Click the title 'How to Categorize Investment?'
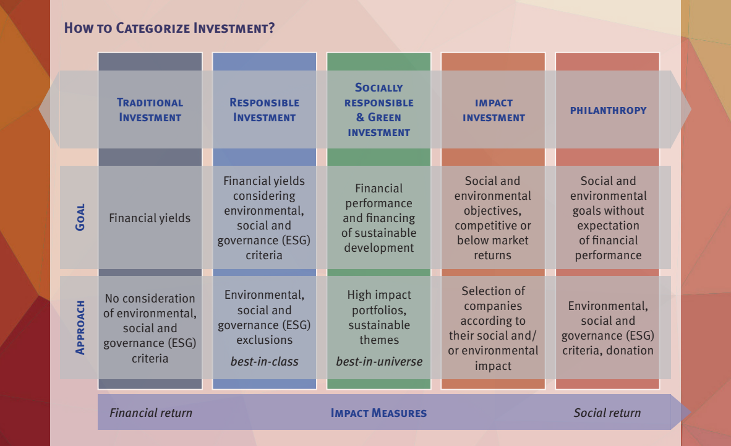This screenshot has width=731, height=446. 169,28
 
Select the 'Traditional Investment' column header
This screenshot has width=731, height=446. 150,110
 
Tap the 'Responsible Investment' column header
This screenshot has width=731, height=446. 264,110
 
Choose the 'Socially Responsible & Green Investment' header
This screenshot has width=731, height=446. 378,110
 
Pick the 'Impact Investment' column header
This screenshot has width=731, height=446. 494,110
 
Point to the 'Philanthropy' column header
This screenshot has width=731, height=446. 609,111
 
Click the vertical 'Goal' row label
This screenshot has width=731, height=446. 80,217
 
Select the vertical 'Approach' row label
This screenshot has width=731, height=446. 80,327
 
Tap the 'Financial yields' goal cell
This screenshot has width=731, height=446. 150,218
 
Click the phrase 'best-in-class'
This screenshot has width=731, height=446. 264,361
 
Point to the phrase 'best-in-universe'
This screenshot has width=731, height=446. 379,361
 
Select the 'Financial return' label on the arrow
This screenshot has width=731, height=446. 150,413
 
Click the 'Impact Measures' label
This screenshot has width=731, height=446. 378,413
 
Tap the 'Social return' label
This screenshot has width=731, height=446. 607,413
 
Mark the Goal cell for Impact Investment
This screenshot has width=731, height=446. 493,218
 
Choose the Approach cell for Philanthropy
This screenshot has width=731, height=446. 608,328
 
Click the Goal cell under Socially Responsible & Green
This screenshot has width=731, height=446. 378,218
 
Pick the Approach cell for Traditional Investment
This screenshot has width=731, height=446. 150,328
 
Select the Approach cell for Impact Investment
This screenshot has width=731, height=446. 494,328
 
